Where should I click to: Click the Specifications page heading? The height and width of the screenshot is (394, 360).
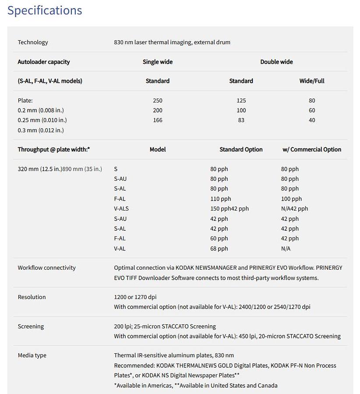pos(45,10)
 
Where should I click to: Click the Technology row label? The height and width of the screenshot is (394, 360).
pos(33,42)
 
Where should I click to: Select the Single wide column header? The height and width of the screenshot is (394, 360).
pos(158,62)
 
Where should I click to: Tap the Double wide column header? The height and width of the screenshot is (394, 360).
pos(276,62)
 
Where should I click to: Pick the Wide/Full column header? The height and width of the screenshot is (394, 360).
pos(312,81)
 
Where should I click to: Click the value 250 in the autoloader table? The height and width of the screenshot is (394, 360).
pos(158,101)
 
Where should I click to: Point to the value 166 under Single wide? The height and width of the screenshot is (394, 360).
pos(158,120)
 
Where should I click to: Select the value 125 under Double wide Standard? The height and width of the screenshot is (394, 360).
pos(241,101)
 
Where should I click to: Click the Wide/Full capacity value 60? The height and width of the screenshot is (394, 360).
pos(312,110)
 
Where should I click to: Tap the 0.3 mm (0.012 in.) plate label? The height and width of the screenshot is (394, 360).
pos(41,130)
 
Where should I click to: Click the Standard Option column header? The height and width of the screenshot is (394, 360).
pos(241,149)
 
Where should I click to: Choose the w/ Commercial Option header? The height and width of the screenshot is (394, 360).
pos(312,149)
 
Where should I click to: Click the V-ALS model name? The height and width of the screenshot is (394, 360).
pos(121,209)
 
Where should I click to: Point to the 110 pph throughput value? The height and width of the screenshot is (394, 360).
pos(221,199)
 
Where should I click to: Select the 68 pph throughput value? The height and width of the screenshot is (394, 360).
pos(219,249)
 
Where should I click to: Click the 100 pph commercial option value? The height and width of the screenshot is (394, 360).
pos(291,199)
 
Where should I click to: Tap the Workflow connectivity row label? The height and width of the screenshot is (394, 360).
pos(46,268)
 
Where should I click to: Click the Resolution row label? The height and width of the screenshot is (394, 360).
pos(32,297)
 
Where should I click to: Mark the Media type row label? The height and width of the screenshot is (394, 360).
pos(32,355)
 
